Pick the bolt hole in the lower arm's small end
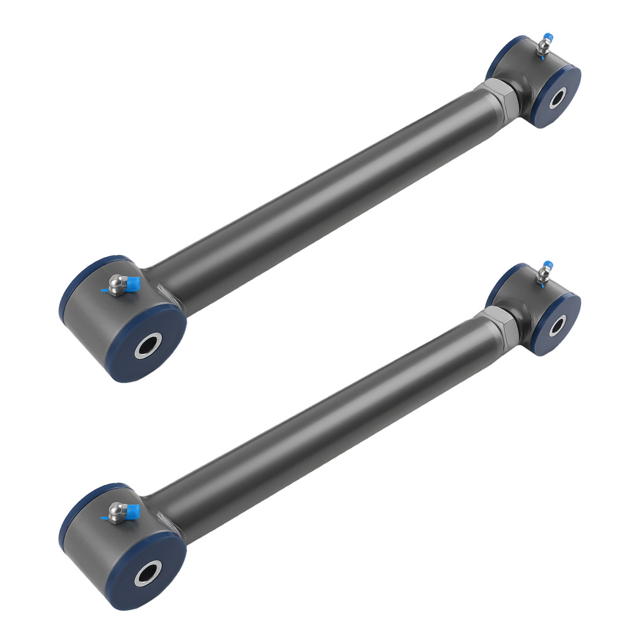point(558,324)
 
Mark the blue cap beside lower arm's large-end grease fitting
point(130,512)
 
